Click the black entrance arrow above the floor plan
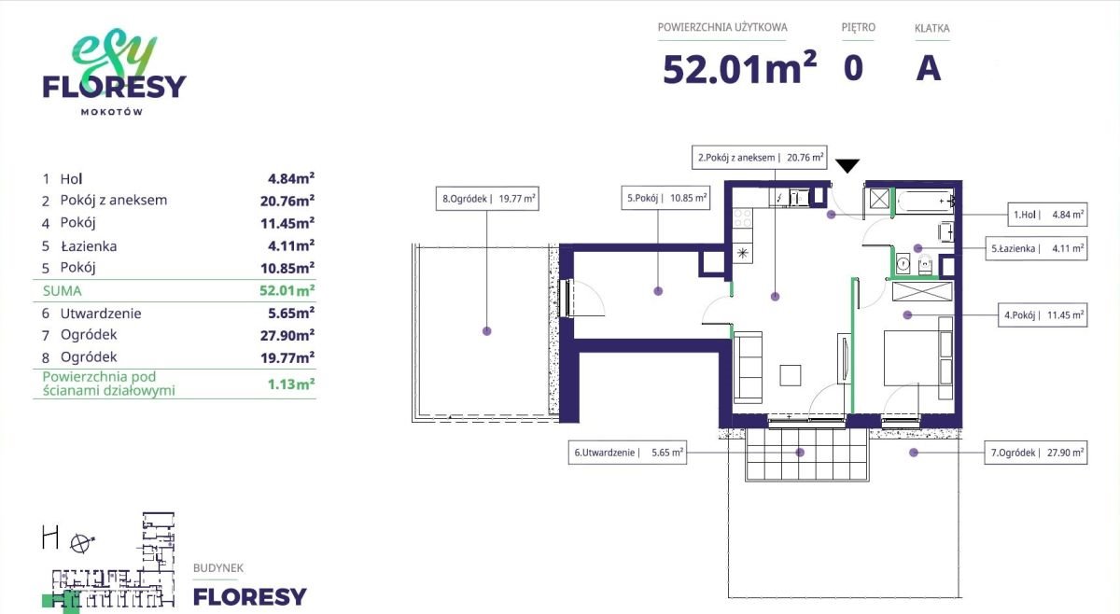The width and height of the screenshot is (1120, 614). [847, 165]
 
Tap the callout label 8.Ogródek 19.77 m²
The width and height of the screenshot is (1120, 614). [487, 199]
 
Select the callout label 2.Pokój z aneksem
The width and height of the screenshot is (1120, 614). [760, 158]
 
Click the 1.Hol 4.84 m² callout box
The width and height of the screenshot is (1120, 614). [1047, 215]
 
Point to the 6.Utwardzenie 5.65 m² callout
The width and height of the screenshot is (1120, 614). [627, 453]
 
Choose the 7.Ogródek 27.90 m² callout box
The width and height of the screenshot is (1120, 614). [1036, 453]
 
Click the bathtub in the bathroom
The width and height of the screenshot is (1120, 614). [925, 202]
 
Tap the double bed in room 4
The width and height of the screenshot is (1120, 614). [913, 357]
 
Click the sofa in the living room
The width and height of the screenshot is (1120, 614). [748, 367]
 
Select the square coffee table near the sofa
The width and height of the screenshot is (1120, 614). [791, 375]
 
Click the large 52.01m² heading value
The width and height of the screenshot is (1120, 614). [739, 67]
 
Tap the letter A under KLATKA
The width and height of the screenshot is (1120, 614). [929, 68]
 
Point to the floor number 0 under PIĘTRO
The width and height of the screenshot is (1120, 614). [853, 68]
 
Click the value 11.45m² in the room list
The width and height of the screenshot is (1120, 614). [287, 223]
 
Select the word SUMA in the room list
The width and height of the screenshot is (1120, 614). [62, 291]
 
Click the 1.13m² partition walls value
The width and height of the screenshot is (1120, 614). [291, 384]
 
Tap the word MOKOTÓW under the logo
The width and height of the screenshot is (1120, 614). [112, 112]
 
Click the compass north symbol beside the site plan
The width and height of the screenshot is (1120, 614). [81, 543]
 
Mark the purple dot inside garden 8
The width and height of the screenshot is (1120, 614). [487, 331]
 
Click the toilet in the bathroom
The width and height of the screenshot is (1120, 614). [926, 263]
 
